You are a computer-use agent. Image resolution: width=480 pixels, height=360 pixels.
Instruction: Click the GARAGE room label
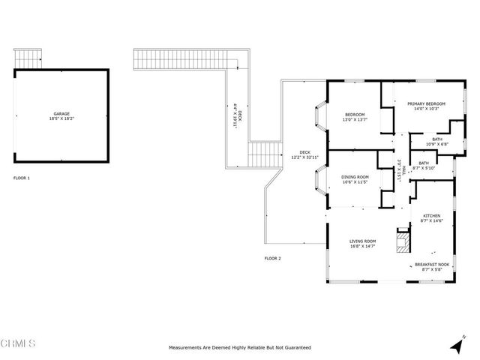coord(61,113)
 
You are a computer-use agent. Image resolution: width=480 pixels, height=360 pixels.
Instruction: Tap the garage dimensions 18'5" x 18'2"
coord(61,118)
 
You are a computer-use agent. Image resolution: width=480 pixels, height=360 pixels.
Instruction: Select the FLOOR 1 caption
coord(22,178)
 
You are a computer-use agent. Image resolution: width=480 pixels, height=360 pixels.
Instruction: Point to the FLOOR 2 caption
coord(272,258)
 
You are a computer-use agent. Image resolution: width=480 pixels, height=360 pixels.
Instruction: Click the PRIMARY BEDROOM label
coord(426,103)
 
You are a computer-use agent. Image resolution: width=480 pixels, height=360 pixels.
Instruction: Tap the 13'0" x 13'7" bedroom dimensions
coord(355,119)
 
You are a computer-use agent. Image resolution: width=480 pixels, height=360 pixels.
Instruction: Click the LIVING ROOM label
coord(363,241)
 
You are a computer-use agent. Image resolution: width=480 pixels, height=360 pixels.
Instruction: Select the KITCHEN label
coord(430,215)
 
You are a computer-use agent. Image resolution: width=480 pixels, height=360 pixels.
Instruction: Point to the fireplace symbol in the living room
coord(403,240)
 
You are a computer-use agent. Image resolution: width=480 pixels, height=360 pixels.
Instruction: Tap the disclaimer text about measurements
coord(240,348)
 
